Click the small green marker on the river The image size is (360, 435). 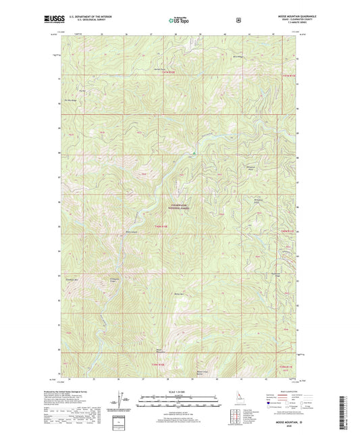[x=195, y=153]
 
